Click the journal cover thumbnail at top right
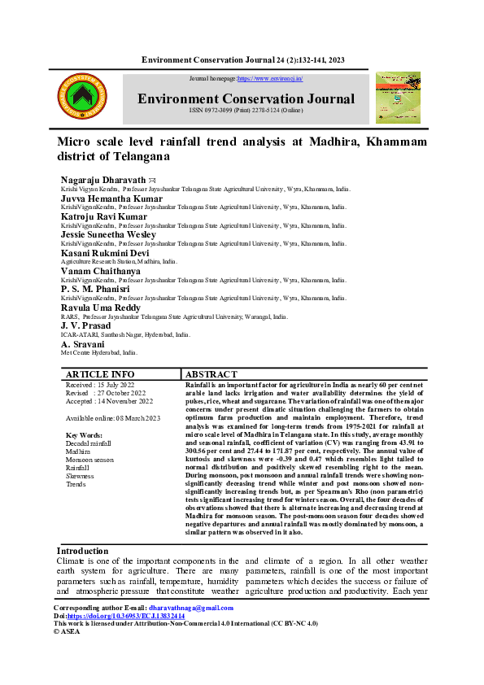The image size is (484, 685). click(x=398, y=98)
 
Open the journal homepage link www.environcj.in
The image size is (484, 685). click(x=270, y=79)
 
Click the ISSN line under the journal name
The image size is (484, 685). click(x=246, y=111)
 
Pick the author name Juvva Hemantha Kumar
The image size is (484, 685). click(x=111, y=199)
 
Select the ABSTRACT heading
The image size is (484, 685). click(x=211, y=374)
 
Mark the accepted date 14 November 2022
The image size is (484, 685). click(x=109, y=400)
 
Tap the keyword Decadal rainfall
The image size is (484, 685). click(x=89, y=443)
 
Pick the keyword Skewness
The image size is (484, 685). click(x=80, y=476)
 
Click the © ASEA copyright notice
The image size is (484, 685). click(x=68, y=630)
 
